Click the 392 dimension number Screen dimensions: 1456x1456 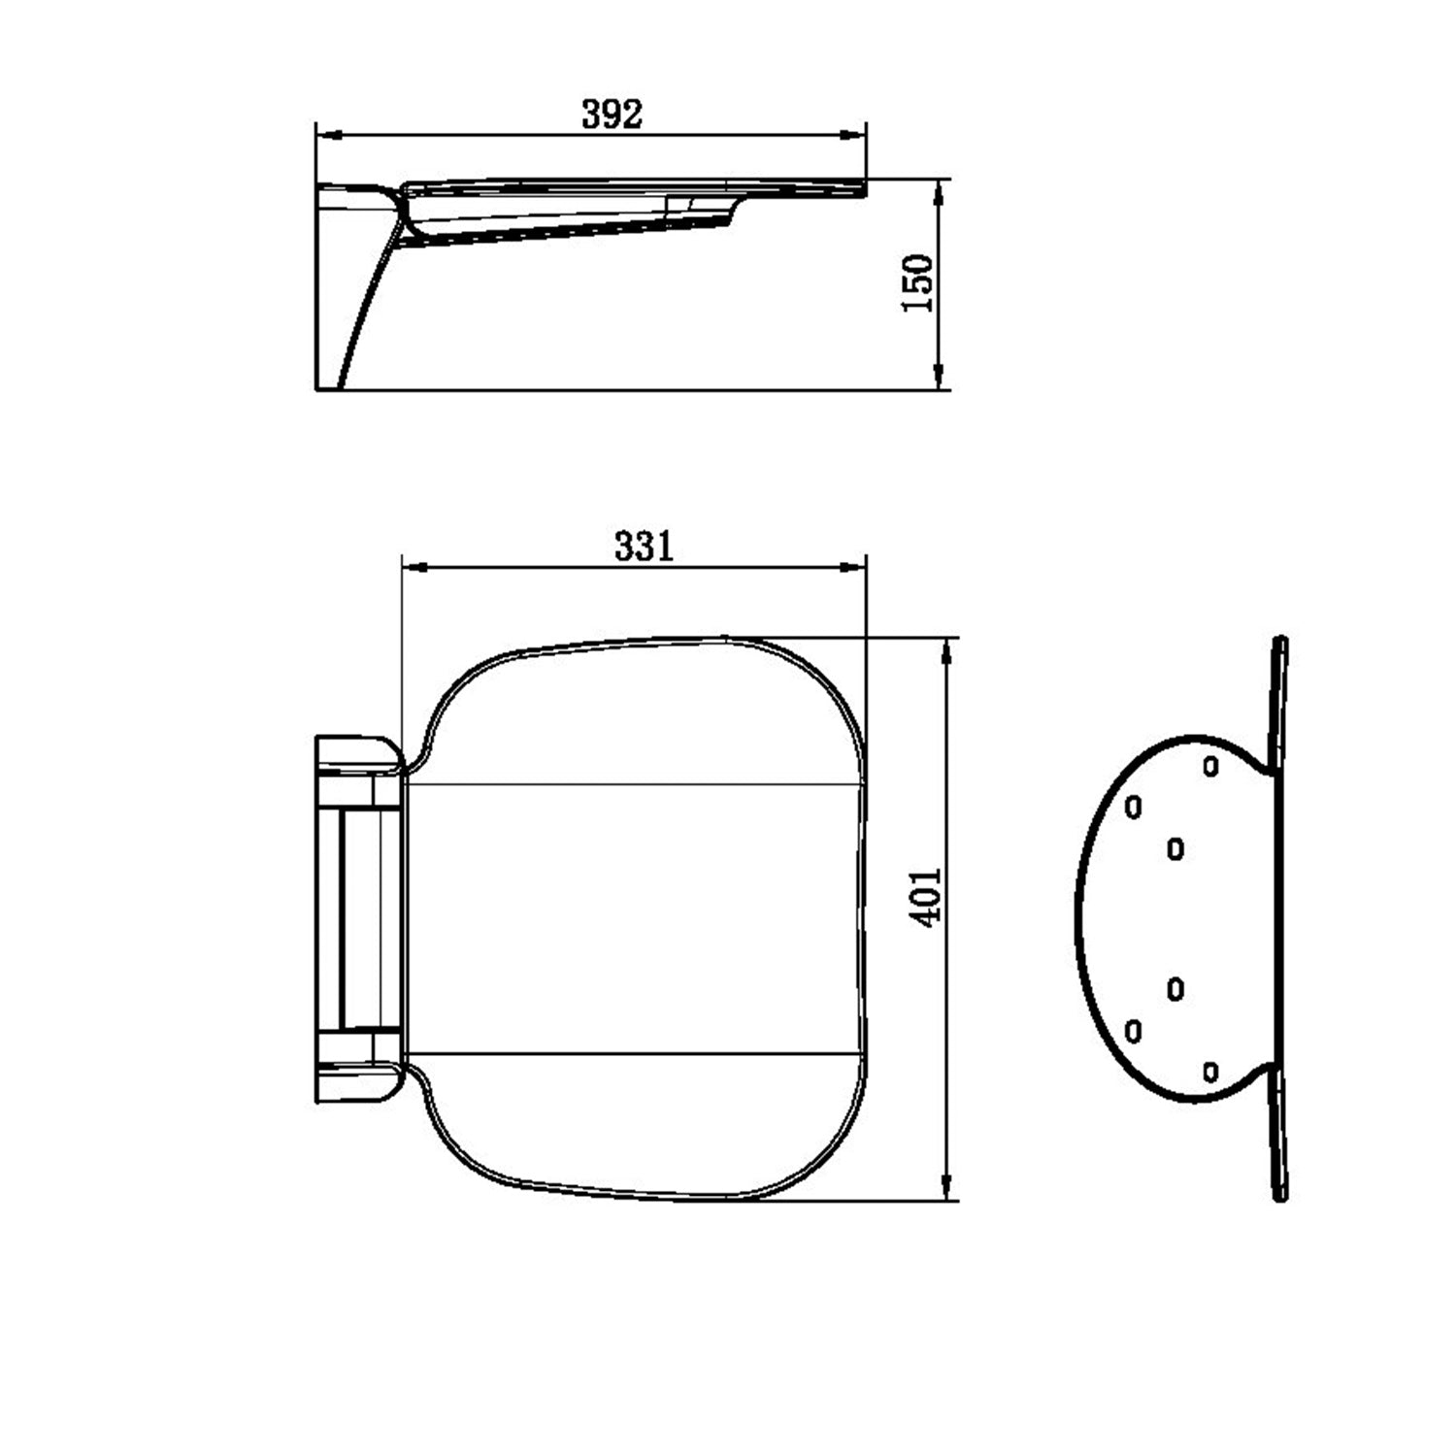click(612, 115)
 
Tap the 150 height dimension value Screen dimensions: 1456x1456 click(918, 282)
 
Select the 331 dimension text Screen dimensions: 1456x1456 click(643, 546)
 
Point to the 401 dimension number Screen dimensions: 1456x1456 click(928, 897)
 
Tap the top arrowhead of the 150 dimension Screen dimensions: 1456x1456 click(938, 188)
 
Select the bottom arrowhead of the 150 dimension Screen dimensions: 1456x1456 click(938, 381)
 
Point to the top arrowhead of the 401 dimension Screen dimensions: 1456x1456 click(945, 648)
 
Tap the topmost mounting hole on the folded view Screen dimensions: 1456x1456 click(1209, 766)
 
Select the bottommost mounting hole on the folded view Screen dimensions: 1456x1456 click(1209, 1072)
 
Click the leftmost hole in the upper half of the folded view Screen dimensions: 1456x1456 click(1133, 807)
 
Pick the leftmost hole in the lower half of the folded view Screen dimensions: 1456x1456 click(1133, 1030)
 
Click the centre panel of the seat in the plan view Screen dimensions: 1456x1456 click(631, 917)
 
